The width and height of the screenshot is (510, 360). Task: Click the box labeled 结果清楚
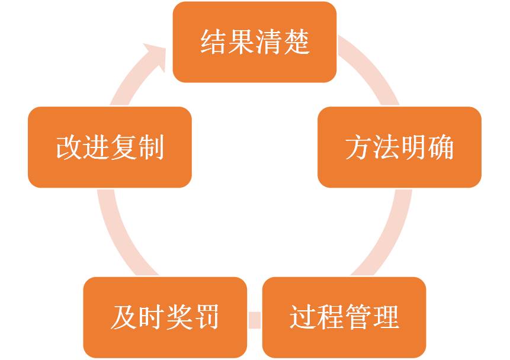click(x=255, y=41)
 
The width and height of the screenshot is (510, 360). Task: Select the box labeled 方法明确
click(x=399, y=147)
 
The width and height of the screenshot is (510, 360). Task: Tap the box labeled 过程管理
click(x=344, y=317)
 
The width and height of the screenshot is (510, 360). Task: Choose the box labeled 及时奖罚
click(x=165, y=317)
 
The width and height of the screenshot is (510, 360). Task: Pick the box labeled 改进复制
click(x=110, y=147)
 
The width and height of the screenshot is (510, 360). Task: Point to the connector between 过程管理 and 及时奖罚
click(x=255, y=319)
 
